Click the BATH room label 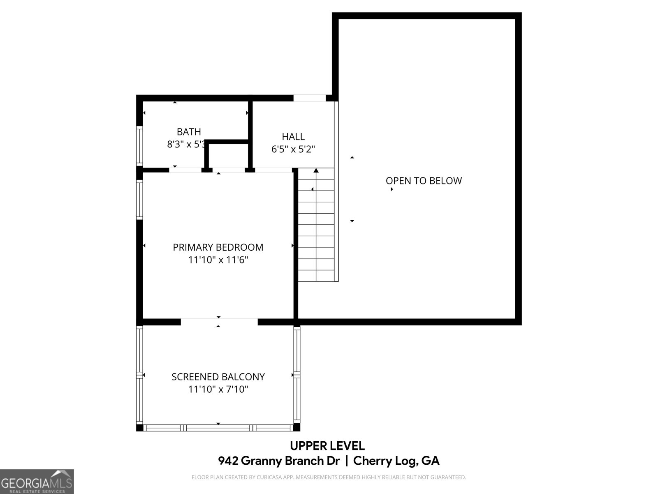pyautogui.click(x=189, y=132)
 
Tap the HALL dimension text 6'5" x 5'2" pyautogui.click(x=293, y=149)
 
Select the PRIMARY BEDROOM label pyautogui.click(x=218, y=247)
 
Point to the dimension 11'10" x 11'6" pyautogui.click(x=218, y=260)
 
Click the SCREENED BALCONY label pyautogui.click(x=218, y=377)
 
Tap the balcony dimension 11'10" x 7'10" pyautogui.click(x=218, y=389)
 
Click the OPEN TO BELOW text pyautogui.click(x=424, y=181)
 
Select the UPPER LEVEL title pyautogui.click(x=327, y=446)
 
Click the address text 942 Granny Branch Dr pyautogui.click(x=279, y=461)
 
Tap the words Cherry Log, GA pyautogui.click(x=396, y=461)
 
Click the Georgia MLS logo pyautogui.click(x=37, y=481)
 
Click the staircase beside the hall pyautogui.click(x=316, y=231)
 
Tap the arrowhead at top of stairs pyautogui.click(x=316, y=170)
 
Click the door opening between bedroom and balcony pyautogui.click(x=219, y=322)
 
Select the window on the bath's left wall pyautogui.click(x=139, y=146)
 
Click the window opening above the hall pyautogui.click(x=309, y=98)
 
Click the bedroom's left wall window pyautogui.click(x=139, y=200)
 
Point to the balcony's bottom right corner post pyautogui.click(x=297, y=427)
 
